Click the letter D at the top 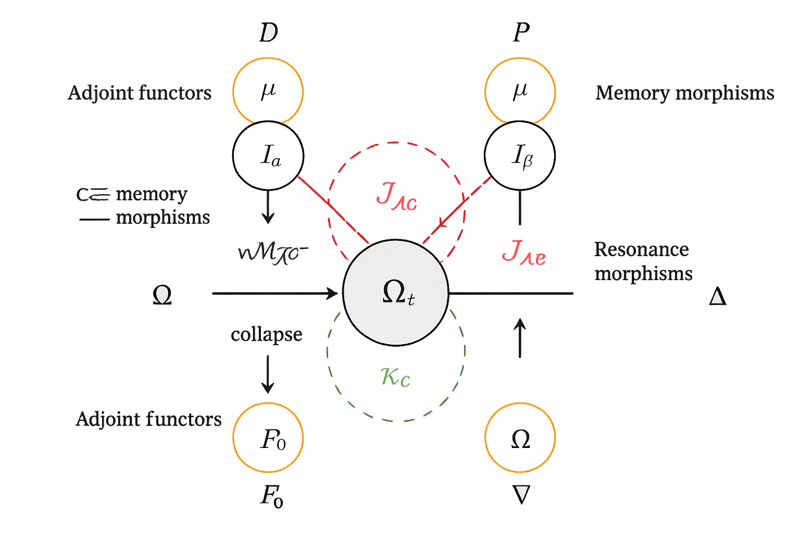tap(268, 33)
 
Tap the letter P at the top tap(521, 33)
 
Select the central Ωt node tap(396, 293)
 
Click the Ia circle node tap(268, 155)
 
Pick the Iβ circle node tap(520, 155)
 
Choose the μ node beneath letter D tap(268, 91)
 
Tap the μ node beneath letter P tap(520, 91)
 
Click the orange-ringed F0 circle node tap(268, 438)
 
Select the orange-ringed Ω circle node tap(520, 438)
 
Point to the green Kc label tap(395, 377)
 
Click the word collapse tap(266, 334)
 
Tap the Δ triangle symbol tap(718, 297)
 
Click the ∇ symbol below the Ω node tap(521, 494)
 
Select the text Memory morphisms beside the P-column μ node tap(684, 93)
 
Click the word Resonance tap(641, 249)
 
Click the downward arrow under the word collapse tap(268, 375)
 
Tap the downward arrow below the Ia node tap(268, 209)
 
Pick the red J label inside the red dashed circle tap(396, 197)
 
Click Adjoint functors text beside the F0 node tap(149, 419)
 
